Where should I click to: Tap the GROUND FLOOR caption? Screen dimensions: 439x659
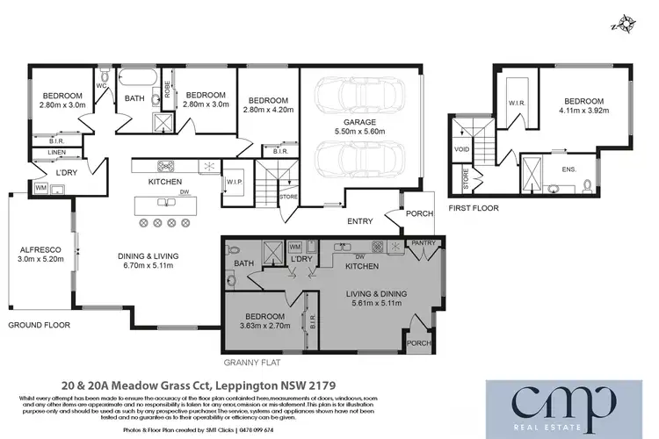coord(38,324)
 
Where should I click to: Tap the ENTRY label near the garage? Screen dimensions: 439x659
coord(360,220)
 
